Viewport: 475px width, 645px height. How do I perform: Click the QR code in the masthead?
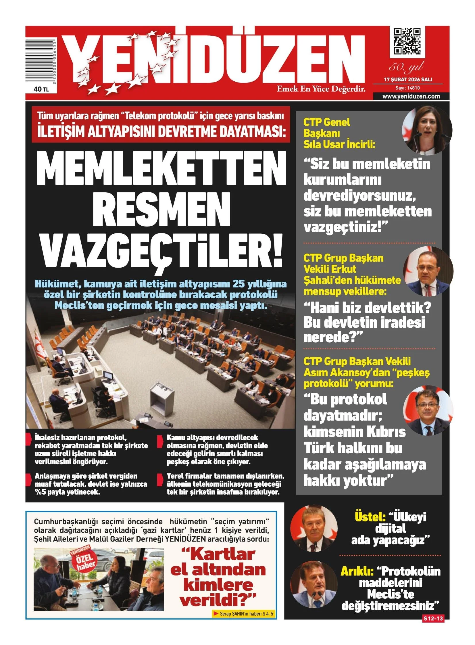click(407, 41)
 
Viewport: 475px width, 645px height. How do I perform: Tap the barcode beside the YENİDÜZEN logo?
click(41, 61)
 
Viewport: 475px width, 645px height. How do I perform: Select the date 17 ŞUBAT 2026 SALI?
click(408, 79)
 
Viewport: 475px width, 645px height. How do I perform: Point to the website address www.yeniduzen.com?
click(411, 96)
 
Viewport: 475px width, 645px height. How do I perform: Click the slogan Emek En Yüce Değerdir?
click(321, 89)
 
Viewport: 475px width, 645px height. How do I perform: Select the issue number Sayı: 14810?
click(407, 88)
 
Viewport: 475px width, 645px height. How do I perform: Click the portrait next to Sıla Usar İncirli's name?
click(427, 130)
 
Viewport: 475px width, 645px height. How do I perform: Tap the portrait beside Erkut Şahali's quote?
click(428, 271)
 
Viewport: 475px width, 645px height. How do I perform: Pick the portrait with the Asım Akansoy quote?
click(428, 410)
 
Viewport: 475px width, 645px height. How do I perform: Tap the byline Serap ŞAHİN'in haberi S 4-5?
click(244, 614)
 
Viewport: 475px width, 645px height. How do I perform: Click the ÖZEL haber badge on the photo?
click(84, 561)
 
